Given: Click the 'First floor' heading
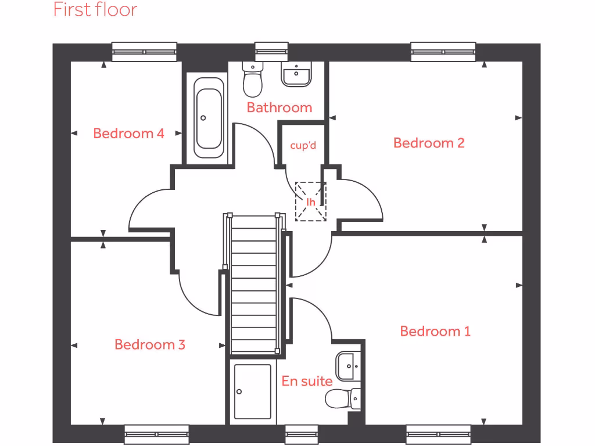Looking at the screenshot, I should (x=95, y=10).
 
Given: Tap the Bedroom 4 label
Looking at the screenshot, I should (x=128, y=133).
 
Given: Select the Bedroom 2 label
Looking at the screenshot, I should (x=429, y=142).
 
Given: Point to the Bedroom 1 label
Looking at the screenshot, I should (x=435, y=331).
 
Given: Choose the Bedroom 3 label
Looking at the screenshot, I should (x=150, y=344).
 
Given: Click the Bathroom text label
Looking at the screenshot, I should (x=279, y=107).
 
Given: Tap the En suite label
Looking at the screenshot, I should (x=307, y=381).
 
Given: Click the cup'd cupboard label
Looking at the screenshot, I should (x=303, y=145).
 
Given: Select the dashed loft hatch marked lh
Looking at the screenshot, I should (x=311, y=202).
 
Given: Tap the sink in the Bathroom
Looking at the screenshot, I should (x=296, y=75).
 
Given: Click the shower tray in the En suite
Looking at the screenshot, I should (x=252, y=391).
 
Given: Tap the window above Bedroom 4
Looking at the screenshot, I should (x=144, y=52).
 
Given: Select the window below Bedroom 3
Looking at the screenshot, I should (x=156, y=434).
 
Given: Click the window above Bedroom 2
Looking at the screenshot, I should (x=443, y=52).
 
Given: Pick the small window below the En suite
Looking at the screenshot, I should (x=302, y=434).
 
